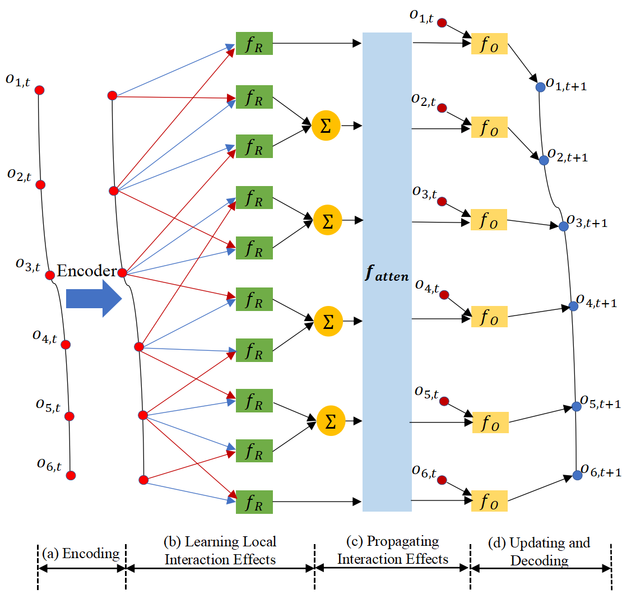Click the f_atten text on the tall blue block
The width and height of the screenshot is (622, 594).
387,276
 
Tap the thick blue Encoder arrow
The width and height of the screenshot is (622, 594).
93,299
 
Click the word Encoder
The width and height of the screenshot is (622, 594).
87,272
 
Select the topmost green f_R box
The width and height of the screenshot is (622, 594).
254,44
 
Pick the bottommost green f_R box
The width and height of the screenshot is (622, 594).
254,502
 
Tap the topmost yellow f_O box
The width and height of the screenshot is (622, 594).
489,44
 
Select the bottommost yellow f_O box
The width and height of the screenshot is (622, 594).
489,501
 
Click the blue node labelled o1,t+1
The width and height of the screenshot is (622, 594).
540,87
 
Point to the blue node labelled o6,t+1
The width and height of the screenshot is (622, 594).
578,475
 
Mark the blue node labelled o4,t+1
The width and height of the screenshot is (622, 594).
573,306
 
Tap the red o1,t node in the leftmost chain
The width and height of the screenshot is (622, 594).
39,90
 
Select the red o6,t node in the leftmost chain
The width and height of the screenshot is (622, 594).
71,475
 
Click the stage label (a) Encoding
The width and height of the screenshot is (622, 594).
81,554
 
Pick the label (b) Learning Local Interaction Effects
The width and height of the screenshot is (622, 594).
220,550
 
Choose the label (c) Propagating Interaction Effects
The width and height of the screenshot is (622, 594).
392,550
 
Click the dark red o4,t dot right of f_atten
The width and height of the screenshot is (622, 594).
444,295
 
